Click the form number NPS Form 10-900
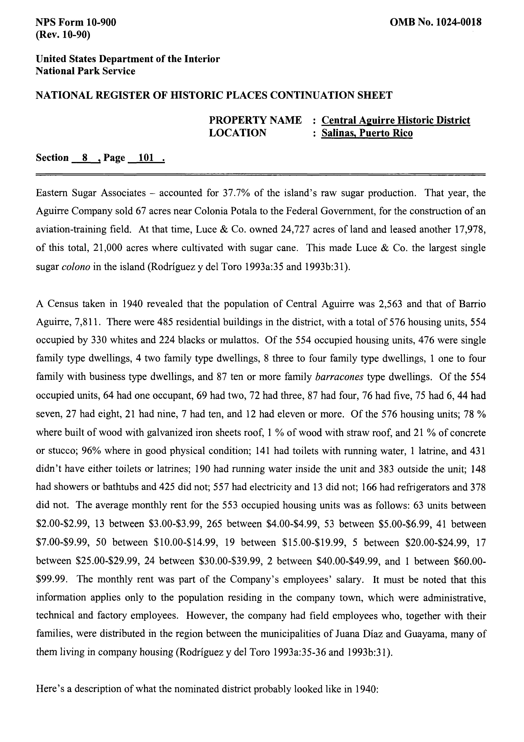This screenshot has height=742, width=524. click(76, 22)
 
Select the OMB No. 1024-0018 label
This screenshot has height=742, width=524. click(436, 22)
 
